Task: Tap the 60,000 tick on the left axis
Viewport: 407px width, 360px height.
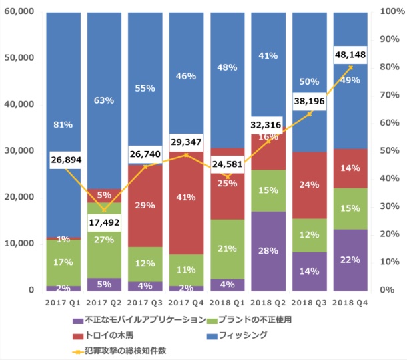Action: click(19, 12)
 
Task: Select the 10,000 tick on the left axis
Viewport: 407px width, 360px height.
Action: click(19, 244)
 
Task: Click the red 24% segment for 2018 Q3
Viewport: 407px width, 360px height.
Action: click(311, 185)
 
